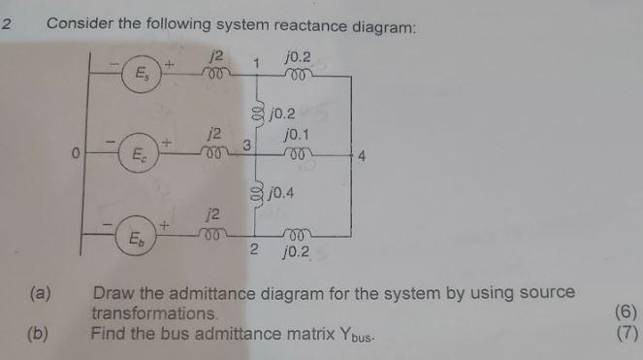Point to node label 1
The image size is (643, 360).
click(x=257, y=63)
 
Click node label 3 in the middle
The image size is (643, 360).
click(x=247, y=146)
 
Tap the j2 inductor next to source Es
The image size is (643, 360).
click(x=216, y=73)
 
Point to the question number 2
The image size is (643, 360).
click(x=8, y=24)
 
